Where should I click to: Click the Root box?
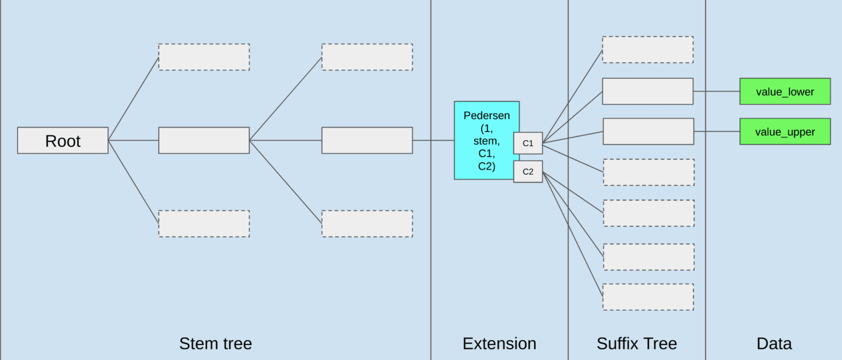pos(63,141)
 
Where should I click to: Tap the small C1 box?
pos(528,143)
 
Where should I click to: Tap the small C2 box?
pos(528,171)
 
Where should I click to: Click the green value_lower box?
pos(785,91)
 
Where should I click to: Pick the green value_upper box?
pos(785,132)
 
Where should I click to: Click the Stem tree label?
pos(216,344)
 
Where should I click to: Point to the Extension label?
pos(499,344)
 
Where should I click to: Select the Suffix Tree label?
pos(637,344)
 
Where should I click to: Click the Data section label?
pos(774,344)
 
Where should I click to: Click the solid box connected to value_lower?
pos(648,91)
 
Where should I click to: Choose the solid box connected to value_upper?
pos(648,132)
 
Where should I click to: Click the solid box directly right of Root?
pos(204,141)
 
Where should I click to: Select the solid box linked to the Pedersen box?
pos(367,141)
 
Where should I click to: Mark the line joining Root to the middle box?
pos(134,141)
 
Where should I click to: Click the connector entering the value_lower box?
pos(717,91)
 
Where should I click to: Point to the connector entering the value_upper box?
pos(717,132)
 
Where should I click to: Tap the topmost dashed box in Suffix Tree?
pos(648,50)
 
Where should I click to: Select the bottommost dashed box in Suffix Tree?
pos(648,297)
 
